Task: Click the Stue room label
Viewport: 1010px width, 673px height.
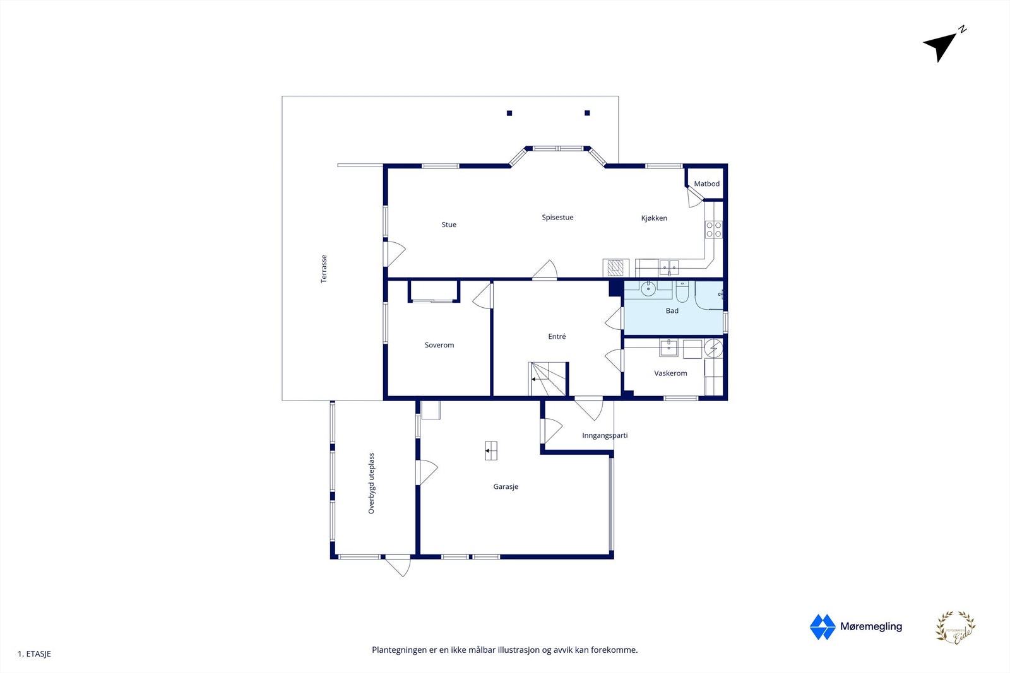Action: [449, 225]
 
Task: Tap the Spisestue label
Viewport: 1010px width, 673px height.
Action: [557, 218]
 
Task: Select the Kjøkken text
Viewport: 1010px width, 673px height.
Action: [654, 218]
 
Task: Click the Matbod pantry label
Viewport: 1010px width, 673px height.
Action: [706, 184]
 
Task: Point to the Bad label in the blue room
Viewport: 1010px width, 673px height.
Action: [672, 311]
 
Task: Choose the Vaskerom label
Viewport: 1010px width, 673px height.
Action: [670, 373]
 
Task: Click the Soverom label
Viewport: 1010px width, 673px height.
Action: [439, 345]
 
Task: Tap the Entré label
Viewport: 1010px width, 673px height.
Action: [557, 337]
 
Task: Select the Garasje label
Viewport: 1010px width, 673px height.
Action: [506, 487]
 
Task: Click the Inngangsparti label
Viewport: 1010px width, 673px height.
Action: [605, 435]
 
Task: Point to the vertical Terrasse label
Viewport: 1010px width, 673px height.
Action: [324, 269]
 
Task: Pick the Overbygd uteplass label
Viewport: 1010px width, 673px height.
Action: [371, 483]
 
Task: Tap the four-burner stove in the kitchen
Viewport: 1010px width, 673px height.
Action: [714, 230]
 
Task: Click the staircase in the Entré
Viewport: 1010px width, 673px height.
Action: [548, 379]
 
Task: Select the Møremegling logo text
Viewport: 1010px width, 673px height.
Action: [870, 626]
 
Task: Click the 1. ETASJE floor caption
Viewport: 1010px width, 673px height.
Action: [35, 654]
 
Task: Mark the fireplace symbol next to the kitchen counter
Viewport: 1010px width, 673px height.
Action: [616, 268]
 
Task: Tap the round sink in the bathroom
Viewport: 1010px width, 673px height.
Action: [648, 290]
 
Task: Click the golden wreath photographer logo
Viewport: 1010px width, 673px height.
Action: [955, 628]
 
